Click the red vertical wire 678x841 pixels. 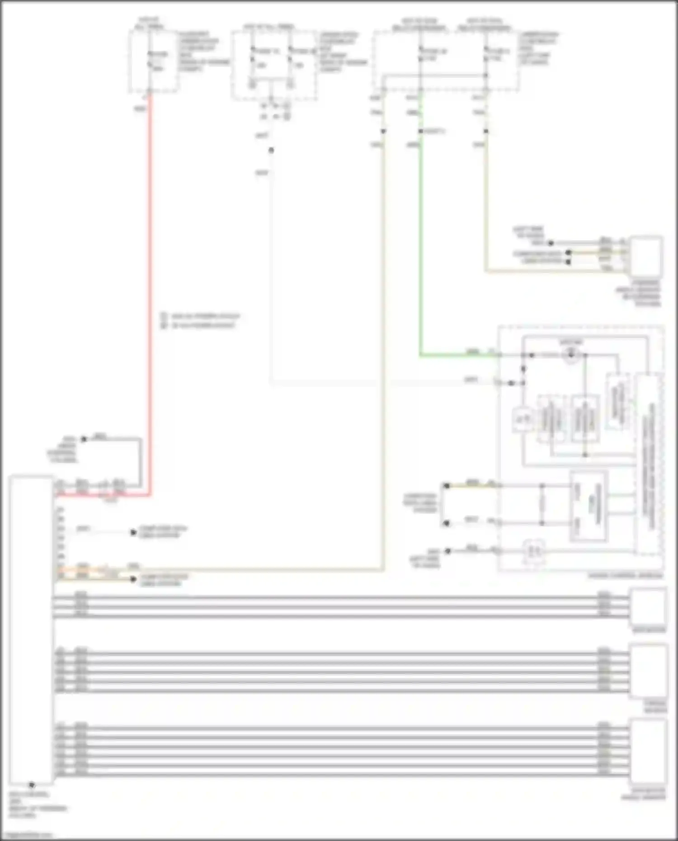(x=150, y=294)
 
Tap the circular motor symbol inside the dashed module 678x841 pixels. (x=570, y=355)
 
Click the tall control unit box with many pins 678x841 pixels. (x=31, y=628)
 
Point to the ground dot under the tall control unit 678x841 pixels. (x=32, y=785)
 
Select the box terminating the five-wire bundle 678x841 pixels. (x=649, y=672)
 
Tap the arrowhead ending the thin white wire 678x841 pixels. (x=133, y=532)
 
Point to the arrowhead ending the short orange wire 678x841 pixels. (x=133, y=579)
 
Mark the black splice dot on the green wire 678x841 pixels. (x=420, y=131)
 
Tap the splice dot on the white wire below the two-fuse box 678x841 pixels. (x=271, y=150)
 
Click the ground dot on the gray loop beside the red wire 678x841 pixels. (x=84, y=439)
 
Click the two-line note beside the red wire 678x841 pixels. (x=201, y=320)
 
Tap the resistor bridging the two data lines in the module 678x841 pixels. (x=542, y=504)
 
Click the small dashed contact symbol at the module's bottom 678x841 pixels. (x=533, y=551)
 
